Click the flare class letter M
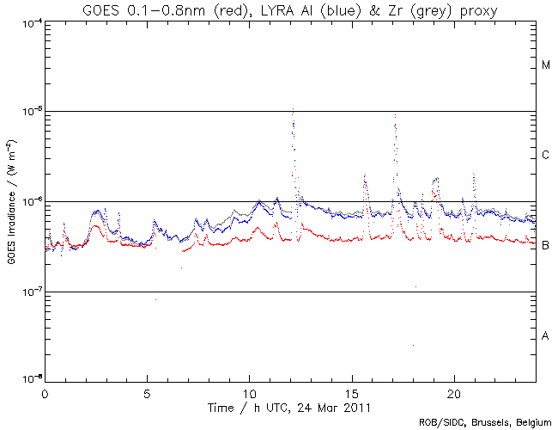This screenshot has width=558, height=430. point(546,65)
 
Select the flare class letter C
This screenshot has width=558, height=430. point(546,156)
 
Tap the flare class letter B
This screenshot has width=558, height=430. point(546,246)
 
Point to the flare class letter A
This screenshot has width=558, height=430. point(546,336)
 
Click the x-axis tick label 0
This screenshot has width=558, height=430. point(45,392)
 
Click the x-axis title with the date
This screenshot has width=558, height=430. point(290,405)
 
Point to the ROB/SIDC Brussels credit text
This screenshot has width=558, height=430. point(485,422)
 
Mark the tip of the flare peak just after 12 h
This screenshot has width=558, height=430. point(294,109)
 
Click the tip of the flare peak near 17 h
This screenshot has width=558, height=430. point(395,114)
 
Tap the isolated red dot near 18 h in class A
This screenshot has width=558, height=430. point(413,345)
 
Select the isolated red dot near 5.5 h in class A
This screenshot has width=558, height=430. point(155,299)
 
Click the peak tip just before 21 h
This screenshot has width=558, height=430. point(473,174)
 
